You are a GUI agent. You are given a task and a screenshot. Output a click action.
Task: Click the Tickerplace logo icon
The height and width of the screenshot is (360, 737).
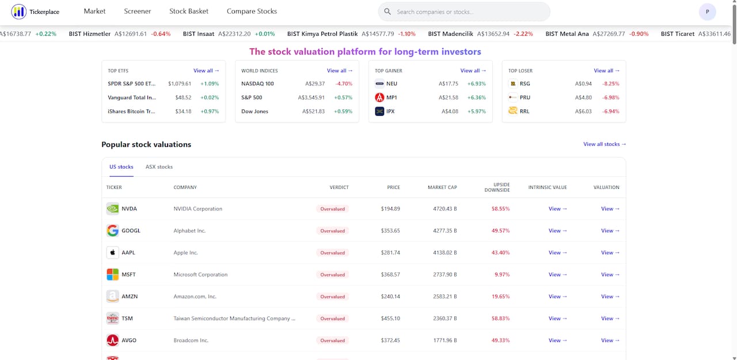pyautogui.click(x=19, y=12)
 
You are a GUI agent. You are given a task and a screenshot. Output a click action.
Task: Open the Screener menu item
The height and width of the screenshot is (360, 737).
pyautogui.click(x=137, y=11)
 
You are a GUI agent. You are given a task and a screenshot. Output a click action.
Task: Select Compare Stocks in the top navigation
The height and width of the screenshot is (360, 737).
pyautogui.click(x=252, y=11)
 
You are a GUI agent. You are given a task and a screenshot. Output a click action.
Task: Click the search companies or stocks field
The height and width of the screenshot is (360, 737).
pyautogui.click(x=464, y=12)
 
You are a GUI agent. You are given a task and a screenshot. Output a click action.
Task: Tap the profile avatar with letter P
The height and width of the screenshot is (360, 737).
pyautogui.click(x=707, y=12)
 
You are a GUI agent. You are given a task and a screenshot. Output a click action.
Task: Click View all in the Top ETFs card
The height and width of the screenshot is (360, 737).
pyautogui.click(x=206, y=71)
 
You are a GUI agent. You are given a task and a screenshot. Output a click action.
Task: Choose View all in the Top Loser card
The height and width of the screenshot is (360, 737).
pyautogui.click(x=606, y=71)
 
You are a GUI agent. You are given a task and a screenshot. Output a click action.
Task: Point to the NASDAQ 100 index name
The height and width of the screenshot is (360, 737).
pyautogui.click(x=257, y=84)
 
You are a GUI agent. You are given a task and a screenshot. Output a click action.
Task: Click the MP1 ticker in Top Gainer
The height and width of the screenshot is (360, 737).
pyautogui.click(x=392, y=97)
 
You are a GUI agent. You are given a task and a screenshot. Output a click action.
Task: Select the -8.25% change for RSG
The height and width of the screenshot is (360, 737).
pyautogui.click(x=611, y=84)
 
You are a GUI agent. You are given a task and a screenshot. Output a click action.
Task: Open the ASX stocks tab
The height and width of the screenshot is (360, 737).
pyautogui.click(x=159, y=167)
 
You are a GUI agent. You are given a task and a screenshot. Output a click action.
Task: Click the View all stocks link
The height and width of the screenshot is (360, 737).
pyautogui.click(x=605, y=144)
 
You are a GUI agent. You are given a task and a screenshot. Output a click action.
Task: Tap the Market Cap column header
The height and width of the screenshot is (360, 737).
pyautogui.click(x=442, y=187)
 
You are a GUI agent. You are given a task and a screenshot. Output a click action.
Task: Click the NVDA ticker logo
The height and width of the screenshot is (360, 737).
pyautogui.click(x=112, y=209)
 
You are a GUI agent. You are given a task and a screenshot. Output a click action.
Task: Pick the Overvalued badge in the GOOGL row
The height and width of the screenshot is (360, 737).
pyautogui.click(x=333, y=230)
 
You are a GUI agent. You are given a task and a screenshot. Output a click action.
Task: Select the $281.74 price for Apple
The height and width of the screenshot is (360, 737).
pyautogui.click(x=390, y=253)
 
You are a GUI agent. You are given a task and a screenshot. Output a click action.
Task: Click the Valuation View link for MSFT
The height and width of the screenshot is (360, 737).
pyautogui.click(x=610, y=274)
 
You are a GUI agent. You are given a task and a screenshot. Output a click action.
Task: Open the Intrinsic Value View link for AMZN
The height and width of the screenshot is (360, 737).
pyautogui.click(x=557, y=297)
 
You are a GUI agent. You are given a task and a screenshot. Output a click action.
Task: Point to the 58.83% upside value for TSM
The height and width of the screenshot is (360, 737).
pyautogui.click(x=500, y=319)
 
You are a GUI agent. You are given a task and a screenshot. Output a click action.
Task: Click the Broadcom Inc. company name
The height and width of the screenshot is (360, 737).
pyautogui.click(x=191, y=340)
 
